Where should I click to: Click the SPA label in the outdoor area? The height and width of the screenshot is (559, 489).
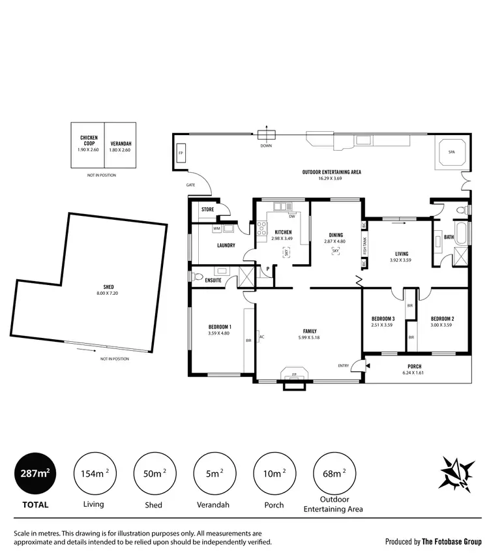click(451, 152)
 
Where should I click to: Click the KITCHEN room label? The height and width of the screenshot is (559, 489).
click(282, 232)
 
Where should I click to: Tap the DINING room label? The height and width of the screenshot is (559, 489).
click(336, 235)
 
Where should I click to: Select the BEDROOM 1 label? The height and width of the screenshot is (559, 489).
click(220, 327)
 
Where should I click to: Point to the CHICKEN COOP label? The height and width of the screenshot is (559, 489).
click(89, 140)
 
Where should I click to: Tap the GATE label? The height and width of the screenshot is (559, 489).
click(190, 185)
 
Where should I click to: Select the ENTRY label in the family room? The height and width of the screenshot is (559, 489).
click(344, 365)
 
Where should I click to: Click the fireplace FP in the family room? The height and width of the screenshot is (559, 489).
click(294, 374)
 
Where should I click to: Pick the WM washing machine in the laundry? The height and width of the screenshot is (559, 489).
click(216, 229)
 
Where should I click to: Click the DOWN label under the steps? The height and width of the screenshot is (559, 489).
click(266, 146)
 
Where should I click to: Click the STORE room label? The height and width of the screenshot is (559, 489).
click(207, 209)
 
